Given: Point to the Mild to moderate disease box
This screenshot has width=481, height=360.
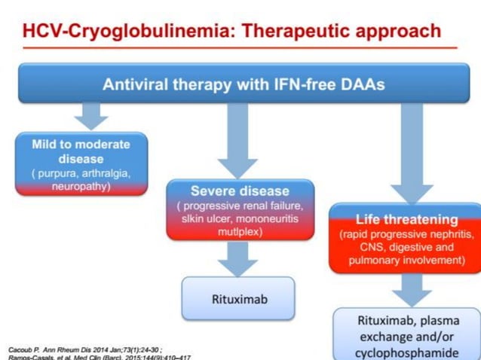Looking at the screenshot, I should [81, 164].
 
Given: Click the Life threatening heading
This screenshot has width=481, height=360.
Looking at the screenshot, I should [406, 219].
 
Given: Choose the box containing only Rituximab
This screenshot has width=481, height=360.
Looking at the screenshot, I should [238, 298].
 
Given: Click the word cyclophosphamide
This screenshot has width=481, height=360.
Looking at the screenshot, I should [407, 352].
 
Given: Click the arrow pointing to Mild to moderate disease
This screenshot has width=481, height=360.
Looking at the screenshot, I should [91, 116].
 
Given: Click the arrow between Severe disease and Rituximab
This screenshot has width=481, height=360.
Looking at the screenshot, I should [238, 258].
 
